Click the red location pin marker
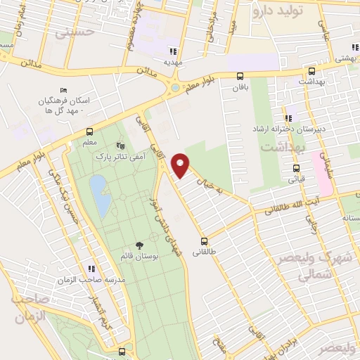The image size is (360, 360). pyautogui.click(x=181, y=165)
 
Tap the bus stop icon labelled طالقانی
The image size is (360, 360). pyautogui.click(x=204, y=240)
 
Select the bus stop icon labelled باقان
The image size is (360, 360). pyautogui.click(x=240, y=76)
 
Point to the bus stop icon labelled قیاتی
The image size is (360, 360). pyautogui.click(x=296, y=168)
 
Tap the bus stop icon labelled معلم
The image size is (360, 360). pyautogui.click(x=89, y=131)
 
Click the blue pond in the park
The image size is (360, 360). pyautogui.click(x=100, y=195)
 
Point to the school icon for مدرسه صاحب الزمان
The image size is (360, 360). pyautogui.click(x=91, y=269)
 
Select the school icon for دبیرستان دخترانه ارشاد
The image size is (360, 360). pyautogui.click(x=288, y=118)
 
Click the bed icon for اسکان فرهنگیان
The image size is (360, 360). pyautogui.click(x=64, y=91)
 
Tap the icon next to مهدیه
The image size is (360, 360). pyautogui.click(x=173, y=51)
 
